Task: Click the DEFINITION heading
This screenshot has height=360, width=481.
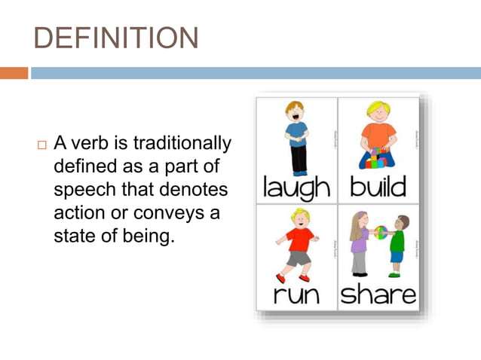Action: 117,38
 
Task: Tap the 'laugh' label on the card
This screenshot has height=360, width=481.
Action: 296,188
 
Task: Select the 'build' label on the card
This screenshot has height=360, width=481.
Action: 378,186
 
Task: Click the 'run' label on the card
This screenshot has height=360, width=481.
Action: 297,294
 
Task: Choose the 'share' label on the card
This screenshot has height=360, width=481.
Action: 378,294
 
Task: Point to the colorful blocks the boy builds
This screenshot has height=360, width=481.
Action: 378,160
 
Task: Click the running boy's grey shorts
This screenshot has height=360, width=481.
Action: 299,258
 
